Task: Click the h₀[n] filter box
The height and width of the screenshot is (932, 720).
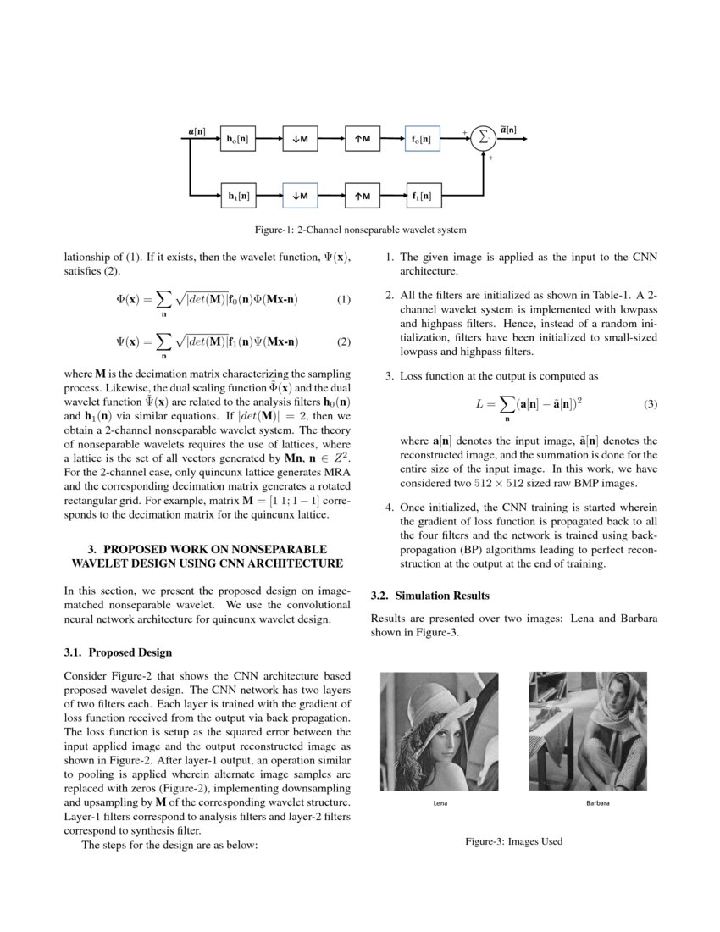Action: point(237,139)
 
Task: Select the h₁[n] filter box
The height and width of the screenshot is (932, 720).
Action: point(237,197)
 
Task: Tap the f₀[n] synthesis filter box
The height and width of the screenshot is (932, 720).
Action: point(422,139)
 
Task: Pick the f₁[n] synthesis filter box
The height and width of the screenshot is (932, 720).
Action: point(422,197)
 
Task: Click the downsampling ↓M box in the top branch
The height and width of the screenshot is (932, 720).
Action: point(300,139)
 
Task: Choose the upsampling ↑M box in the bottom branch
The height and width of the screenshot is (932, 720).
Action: point(362,197)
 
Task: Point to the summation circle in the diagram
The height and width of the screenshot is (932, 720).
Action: point(483,138)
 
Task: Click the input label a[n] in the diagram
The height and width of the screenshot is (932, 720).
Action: point(196,130)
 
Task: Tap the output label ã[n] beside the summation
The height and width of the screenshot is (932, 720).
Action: point(508,130)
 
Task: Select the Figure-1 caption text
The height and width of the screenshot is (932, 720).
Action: point(360,230)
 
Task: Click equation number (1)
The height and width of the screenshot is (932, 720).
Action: point(343,300)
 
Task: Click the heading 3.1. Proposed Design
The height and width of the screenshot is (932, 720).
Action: point(118,652)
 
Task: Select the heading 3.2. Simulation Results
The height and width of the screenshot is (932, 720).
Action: point(430,596)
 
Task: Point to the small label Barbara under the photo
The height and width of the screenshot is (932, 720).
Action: point(598,802)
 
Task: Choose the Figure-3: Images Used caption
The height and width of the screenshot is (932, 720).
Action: point(513,841)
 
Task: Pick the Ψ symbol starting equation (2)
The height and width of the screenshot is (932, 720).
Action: point(121,342)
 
